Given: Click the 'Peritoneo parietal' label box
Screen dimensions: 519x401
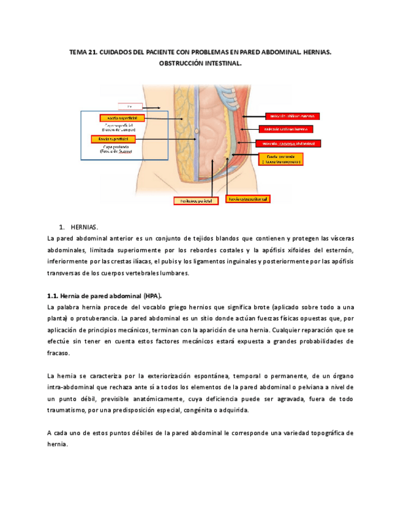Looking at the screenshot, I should (195, 200).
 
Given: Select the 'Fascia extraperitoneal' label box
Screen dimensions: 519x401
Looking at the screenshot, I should (249, 199).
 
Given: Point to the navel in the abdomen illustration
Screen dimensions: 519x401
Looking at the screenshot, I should (197, 131).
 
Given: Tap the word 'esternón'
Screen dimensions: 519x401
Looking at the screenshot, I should (337, 250).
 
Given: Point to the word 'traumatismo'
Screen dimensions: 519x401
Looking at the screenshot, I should (70, 410).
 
